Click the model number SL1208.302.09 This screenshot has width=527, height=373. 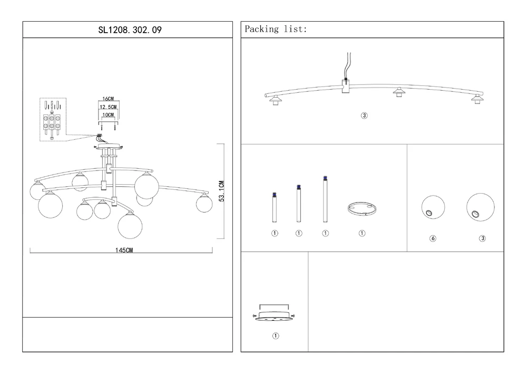click(x=128, y=30)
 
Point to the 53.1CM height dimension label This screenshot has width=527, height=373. click(x=222, y=191)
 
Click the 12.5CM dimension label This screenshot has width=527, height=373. click(x=108, y=107)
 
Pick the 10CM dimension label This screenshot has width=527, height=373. click(x=108, y=114)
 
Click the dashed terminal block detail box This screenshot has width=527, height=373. click(x=53, y=120)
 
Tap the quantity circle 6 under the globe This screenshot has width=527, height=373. click(x=433, y=238)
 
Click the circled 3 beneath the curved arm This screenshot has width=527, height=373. click(x=364, y=116)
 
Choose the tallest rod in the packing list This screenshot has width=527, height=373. click(x=325, y=201)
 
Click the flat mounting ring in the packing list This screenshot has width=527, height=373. click(x=362, y=209)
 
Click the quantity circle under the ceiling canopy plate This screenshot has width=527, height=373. click(x=275, y=336)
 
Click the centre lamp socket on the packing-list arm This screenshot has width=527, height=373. click(x=399, y=92)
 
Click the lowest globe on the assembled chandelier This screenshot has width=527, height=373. click(x=130, y=224)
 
